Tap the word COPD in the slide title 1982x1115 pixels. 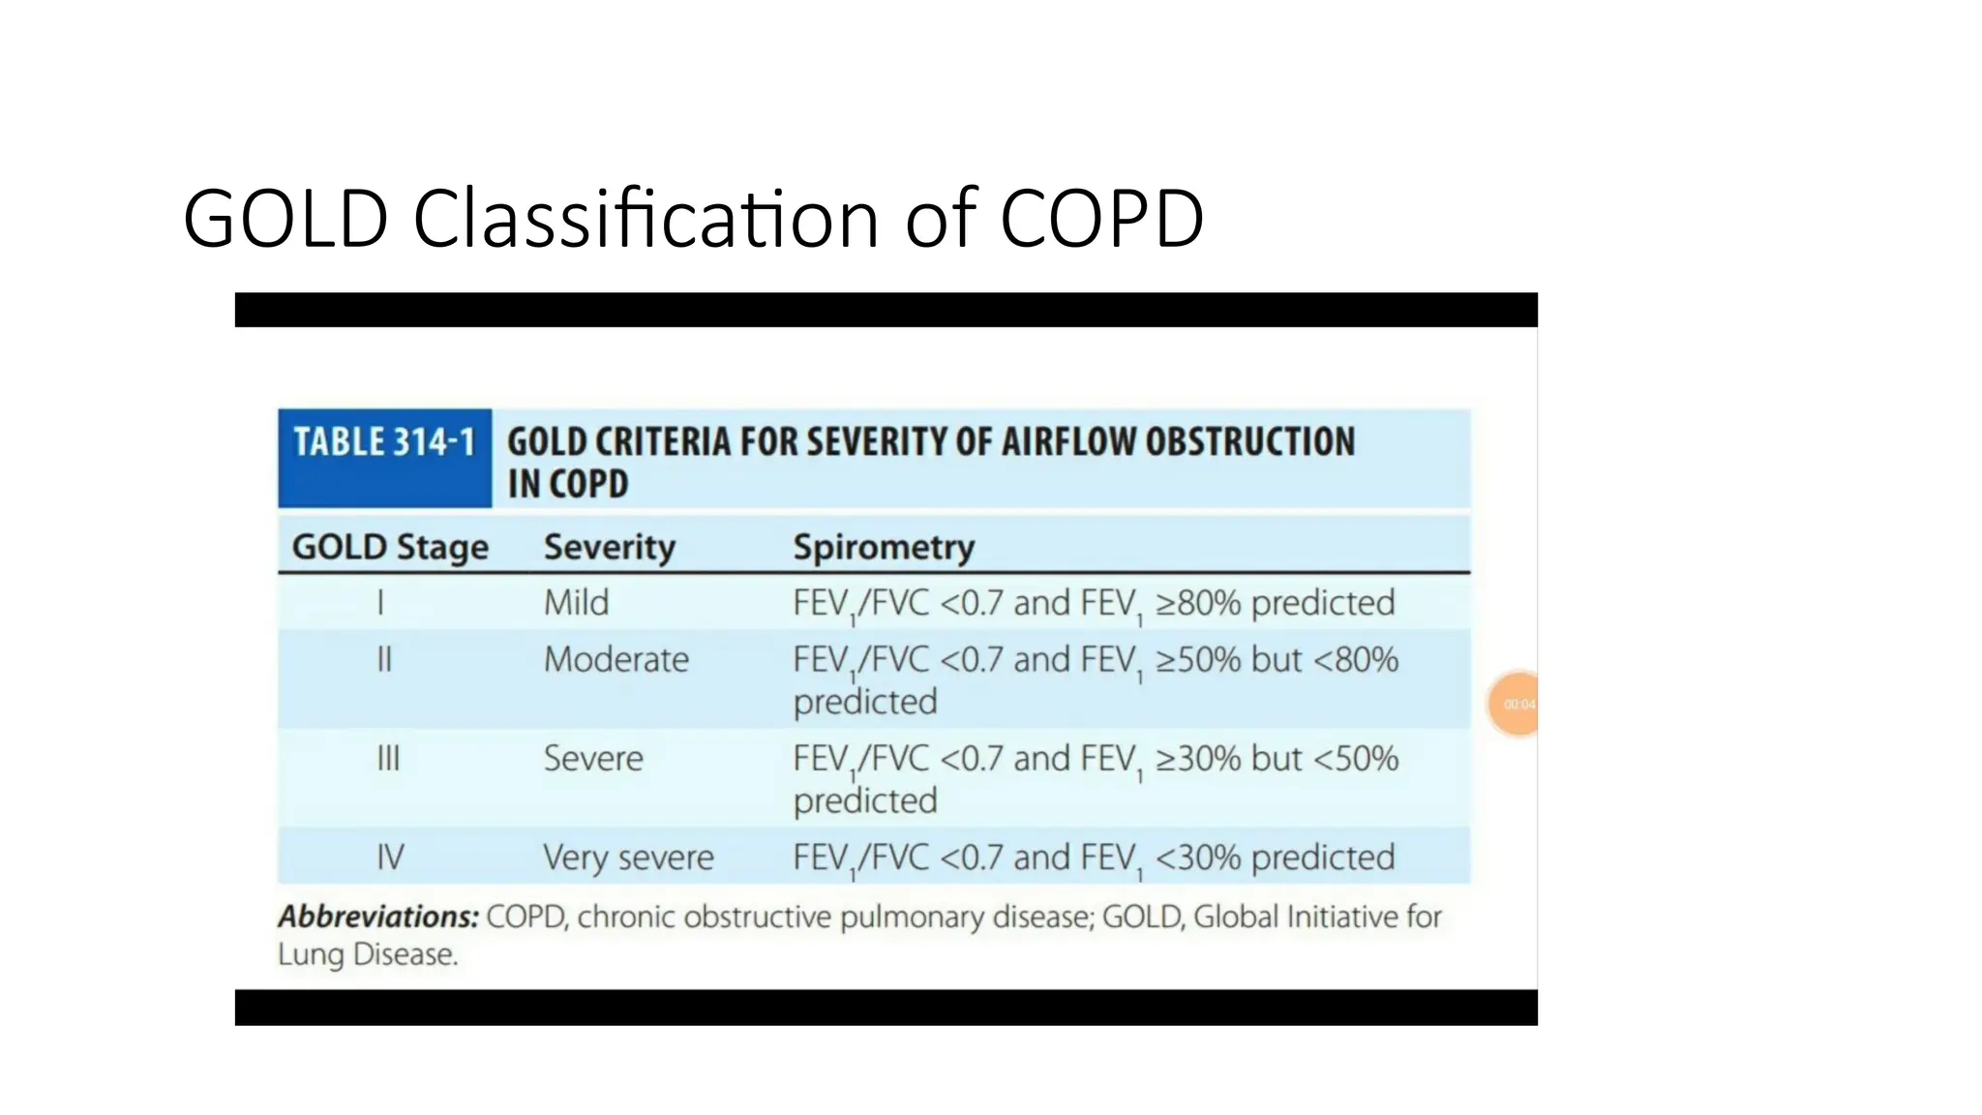point(1101,219)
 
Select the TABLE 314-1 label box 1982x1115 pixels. point(384,458)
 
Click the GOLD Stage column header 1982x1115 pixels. point(390,547)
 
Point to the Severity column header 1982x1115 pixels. point(610,547)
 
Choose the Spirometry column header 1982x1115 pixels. point(884,547)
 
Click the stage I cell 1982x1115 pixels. point(380,603)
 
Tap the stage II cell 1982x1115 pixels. point(384,660)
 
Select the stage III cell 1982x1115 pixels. point(387,759)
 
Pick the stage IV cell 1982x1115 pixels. point(390,858)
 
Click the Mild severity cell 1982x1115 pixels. point(576,603)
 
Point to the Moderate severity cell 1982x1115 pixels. point(616,660)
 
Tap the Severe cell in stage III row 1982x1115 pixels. point(593,759)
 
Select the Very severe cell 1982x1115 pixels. point(628,858)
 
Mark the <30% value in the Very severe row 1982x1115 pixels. point(1198,858)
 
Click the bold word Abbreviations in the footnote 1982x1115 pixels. point(378,917)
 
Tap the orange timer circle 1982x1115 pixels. point(1516,704)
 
